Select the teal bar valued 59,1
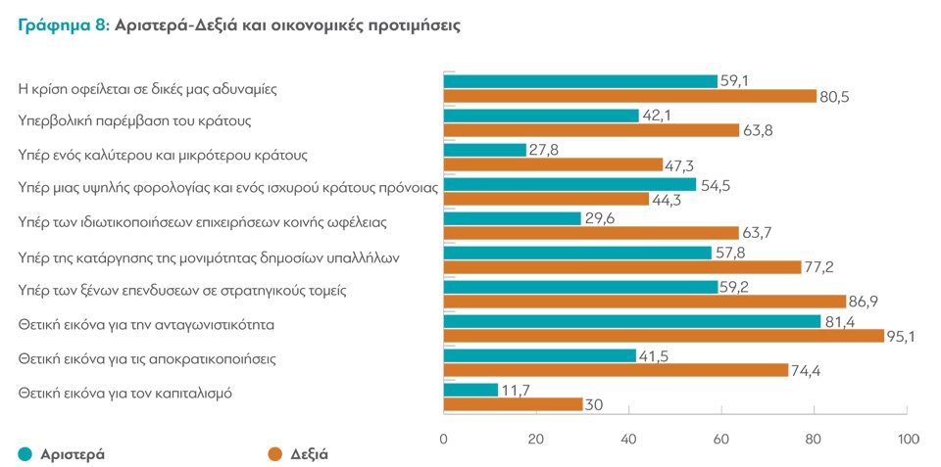click(580, 81)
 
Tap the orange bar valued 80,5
click(630, 96)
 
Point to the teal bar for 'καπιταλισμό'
click(470, 390)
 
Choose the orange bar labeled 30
click(513, 404)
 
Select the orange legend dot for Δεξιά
click(275, 453)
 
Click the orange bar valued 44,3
click(546, 199)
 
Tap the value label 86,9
click(867, 302)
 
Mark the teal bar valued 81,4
click(632, 321)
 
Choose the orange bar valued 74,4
click(616, 370)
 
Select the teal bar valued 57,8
click(577, 253)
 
